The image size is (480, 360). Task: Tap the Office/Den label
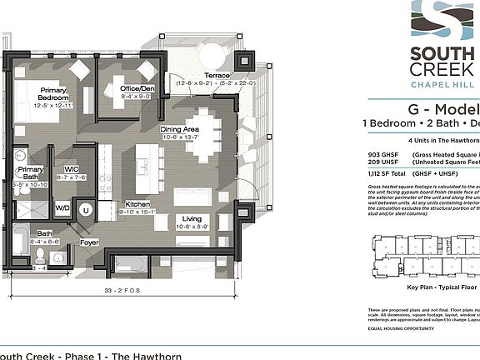137,89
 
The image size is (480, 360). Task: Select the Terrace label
217,75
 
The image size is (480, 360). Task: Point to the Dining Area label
179,129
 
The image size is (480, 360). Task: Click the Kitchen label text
137,204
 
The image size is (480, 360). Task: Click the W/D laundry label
63,207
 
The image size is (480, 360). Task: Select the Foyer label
89,242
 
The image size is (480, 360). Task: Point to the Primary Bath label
32,173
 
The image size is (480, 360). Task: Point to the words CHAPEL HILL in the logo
444,86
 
